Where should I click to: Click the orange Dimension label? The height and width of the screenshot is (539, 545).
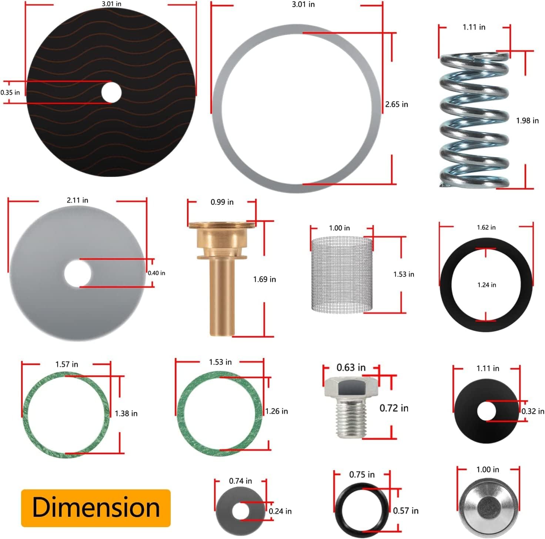96,508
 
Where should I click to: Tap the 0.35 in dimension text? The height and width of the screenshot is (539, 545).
10,93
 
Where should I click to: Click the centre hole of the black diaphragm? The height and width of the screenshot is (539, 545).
111,92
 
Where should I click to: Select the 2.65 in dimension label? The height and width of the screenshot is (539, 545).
397,104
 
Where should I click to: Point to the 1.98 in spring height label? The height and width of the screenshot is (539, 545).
527,120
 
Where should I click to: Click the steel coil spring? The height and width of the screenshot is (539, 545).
475,120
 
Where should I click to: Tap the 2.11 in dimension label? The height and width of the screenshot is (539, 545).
77,200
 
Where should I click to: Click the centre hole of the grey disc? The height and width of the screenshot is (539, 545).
77,273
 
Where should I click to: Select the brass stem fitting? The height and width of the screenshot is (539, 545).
221,274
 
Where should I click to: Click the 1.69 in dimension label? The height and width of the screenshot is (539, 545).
264,279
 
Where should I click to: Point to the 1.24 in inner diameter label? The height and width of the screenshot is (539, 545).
487,285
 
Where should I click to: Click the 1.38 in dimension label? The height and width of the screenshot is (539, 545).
126,414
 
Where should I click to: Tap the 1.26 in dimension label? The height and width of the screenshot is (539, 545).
276,411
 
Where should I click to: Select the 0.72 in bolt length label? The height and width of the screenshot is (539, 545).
394,408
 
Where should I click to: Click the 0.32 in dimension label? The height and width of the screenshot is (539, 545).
533,411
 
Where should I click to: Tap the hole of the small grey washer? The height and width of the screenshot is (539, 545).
241,512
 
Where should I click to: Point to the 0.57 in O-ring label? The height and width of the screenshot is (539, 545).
406,511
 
